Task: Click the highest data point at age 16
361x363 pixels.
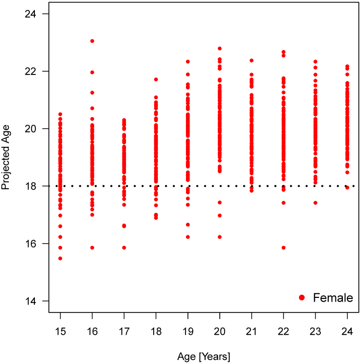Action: click(x=92, y=41)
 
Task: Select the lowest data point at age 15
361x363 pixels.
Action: click(x=60, y=258)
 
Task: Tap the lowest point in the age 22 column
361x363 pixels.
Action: click(x=283, y=247)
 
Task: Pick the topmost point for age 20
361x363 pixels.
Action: click(x=220, y=48)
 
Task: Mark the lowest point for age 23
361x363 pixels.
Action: click(x=315, y=203)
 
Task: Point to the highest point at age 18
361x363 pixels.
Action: click(x=156, y=80)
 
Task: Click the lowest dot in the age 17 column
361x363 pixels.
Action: click(x=124, y=247)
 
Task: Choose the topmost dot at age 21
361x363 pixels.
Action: click(x=252, y=60)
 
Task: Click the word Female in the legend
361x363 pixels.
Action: click(x=333, y=298)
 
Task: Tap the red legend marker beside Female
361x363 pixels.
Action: click(x=302, y=298)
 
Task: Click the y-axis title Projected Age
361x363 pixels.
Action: click(x=7, y=157)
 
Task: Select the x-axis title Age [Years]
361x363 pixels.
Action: click(x=204, y=356)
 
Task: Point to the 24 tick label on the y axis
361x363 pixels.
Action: click(x=33, y=13)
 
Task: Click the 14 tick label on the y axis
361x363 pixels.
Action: click(x=33, y=301)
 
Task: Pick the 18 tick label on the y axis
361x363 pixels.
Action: click(x=33, y=186)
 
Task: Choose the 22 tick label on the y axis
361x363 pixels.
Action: click(x=33, y=71)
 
